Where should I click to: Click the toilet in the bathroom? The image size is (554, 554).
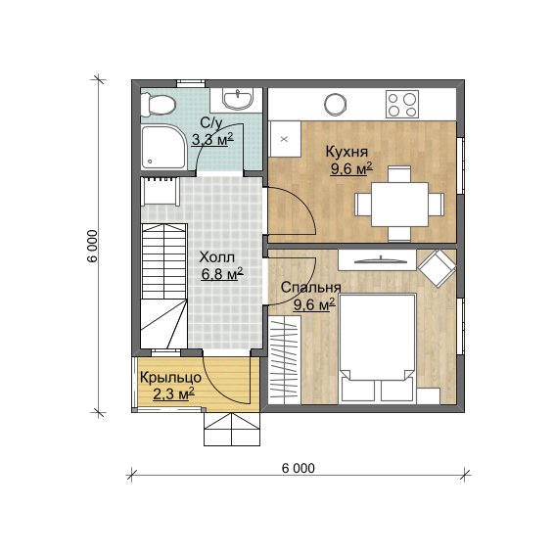(158, 105)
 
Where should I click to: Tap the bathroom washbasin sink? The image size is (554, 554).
(238, 99)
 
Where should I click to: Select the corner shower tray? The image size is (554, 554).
(163, 147)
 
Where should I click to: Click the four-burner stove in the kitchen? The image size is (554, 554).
(402, 104)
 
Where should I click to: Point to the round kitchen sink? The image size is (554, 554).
(336, 104)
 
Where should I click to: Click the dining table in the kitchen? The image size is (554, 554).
(399, 205)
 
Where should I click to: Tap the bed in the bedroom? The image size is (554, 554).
(378, 348)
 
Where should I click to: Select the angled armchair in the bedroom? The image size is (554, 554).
(437, 268)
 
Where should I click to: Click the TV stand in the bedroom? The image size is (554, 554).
(377, 260)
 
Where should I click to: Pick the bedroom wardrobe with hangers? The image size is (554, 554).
(285, 359)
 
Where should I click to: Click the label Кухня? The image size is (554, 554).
(346, 152)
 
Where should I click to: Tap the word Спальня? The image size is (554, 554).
(311, 288)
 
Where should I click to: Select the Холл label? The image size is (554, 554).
(216, 257)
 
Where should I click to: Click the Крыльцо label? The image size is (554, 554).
(171, 378)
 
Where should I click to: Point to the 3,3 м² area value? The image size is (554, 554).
(212, 140)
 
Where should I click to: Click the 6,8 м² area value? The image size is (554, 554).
(222, 274)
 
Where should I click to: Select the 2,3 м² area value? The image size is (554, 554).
(174, 393)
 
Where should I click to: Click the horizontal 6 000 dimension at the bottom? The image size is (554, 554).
(299, 468)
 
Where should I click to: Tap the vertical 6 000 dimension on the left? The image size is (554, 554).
(91, 246)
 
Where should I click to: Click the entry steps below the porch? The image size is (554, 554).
(232, 430)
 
